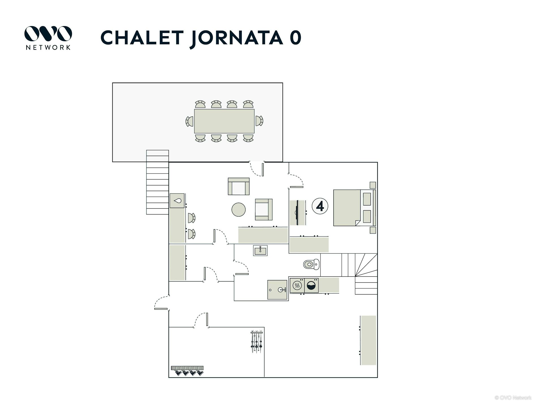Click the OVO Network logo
pyautogui.click(x=48, y=38)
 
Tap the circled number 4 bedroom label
pyautogui.click(x=320, y=206)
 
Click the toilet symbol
pyautogui.click(x=311, y=265)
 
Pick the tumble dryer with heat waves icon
pyautogui.click(x=297, y=285)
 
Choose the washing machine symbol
pyautogui.click(x=311, y=285)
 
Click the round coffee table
pyautogui.click(x=238, y=210)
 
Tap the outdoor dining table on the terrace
pyautogui.click(x=224, y=121)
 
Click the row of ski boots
pyautogui.click(x=188, y=371)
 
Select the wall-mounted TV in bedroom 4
pyautogui.click(x=297, y=213)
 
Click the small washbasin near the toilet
pyautogui.click(x=260, y=250)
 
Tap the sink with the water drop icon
pyautogui.click(x=177, y=201)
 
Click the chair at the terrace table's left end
pyautogui.click(x=189, y=121)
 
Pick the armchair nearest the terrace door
pyautogui.click(x=239, y=186)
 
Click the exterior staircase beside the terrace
pyautogui.click(x=157, y=182)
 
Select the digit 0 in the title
pyautogui.click(x=295, y=38)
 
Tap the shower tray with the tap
pyautogui.click(x=277, y=290)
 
